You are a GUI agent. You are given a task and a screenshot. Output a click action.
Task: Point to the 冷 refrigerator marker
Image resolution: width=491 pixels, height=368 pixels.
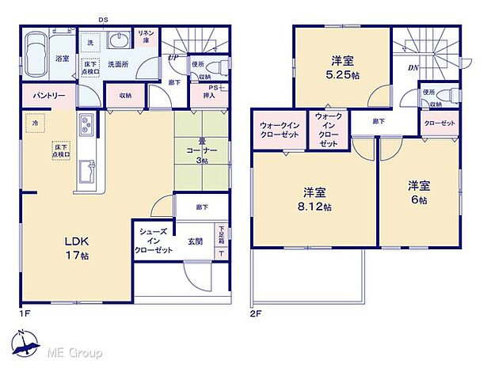(34, 123)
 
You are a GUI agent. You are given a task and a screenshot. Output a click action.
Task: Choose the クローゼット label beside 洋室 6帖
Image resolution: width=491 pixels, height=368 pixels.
(440, 124)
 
